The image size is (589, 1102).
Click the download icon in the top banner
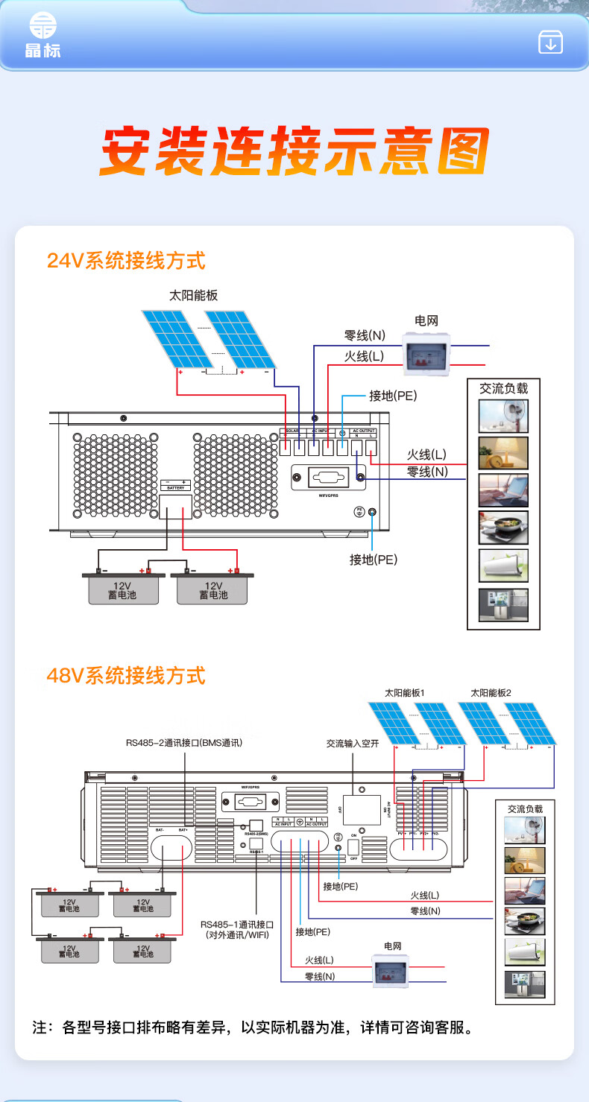click(x=550, y=42)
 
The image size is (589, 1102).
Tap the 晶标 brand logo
click(x=42, y=37)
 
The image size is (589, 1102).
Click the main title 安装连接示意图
click(x=294, y=151)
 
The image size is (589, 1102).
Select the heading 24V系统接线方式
click(x=126, y=261)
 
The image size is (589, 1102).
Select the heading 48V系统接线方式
click(x=126, y=676)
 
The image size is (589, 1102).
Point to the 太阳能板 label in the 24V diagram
click(x=194, y=296)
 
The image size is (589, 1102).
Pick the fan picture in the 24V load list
click(x=503, y=416)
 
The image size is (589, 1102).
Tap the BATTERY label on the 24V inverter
click(x=175, y=487)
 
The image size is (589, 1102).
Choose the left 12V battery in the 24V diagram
click(x=123, y=588)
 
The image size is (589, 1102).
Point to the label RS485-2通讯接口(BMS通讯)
click(x=183, y=743)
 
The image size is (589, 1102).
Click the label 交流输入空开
click(x=353, y=743)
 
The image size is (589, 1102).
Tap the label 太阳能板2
click(x=491, y=692)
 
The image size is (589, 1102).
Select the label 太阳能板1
click(x=404, y=692)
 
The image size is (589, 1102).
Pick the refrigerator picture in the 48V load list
click(x=525, y=984)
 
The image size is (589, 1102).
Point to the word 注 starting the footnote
click(x=40, y=1027)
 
